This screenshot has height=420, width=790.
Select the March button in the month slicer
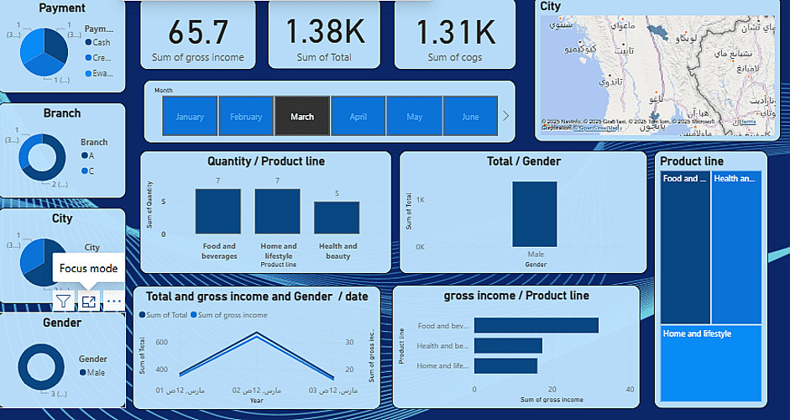[x=302, y=117]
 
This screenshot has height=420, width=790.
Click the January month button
[x=190, y=117]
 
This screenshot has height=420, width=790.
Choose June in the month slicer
[x=470, y=117]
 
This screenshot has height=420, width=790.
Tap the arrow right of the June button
[x=505, y=116]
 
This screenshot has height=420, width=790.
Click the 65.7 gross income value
[x=198, y=33]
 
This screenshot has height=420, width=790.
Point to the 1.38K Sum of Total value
[x=324, y=33]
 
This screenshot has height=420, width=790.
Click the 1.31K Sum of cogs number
[x=457, y=33]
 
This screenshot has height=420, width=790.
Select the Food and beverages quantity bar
[x=218, y=211]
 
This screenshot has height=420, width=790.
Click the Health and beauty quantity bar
[x=337, y=218]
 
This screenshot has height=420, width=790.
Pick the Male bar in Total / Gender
[x=535, y=214]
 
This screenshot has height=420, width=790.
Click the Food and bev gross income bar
[x=536, y=326]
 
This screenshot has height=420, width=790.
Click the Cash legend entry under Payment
[x=100, y=42]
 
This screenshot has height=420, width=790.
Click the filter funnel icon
[x=63, y=301]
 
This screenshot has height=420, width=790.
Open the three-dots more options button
[x=113, y=301]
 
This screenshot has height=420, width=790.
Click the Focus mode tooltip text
[x=88, y=269]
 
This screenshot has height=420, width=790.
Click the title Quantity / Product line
[x=265, y=161]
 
